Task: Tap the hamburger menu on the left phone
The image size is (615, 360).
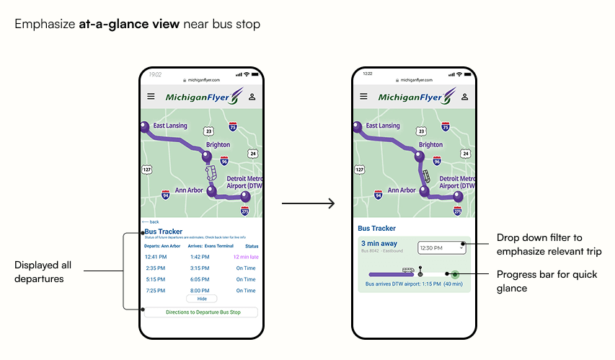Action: click(x=151, y=97)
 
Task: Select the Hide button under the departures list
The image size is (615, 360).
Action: click(x=201, y=299)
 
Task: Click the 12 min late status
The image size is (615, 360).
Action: click(x=246, y=257)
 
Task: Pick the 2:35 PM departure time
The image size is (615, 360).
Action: click(x=156, y=268)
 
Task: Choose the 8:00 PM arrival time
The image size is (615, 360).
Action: click(x=200, y=291)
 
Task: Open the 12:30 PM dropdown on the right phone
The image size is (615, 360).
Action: click(x=441, y=248)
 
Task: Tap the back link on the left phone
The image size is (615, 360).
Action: click(x=151, y=221)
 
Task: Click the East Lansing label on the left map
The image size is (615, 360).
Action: click(x=170, y=126)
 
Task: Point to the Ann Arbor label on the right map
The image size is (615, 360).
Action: click(x=402, y=190)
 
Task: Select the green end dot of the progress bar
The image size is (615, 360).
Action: click(x=455, y=274)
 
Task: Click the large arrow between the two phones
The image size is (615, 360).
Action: click(x=308, y=203)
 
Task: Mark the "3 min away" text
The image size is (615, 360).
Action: click(x=379, y=244)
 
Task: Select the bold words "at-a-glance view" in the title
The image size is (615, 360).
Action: click(x=130, y=24)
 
